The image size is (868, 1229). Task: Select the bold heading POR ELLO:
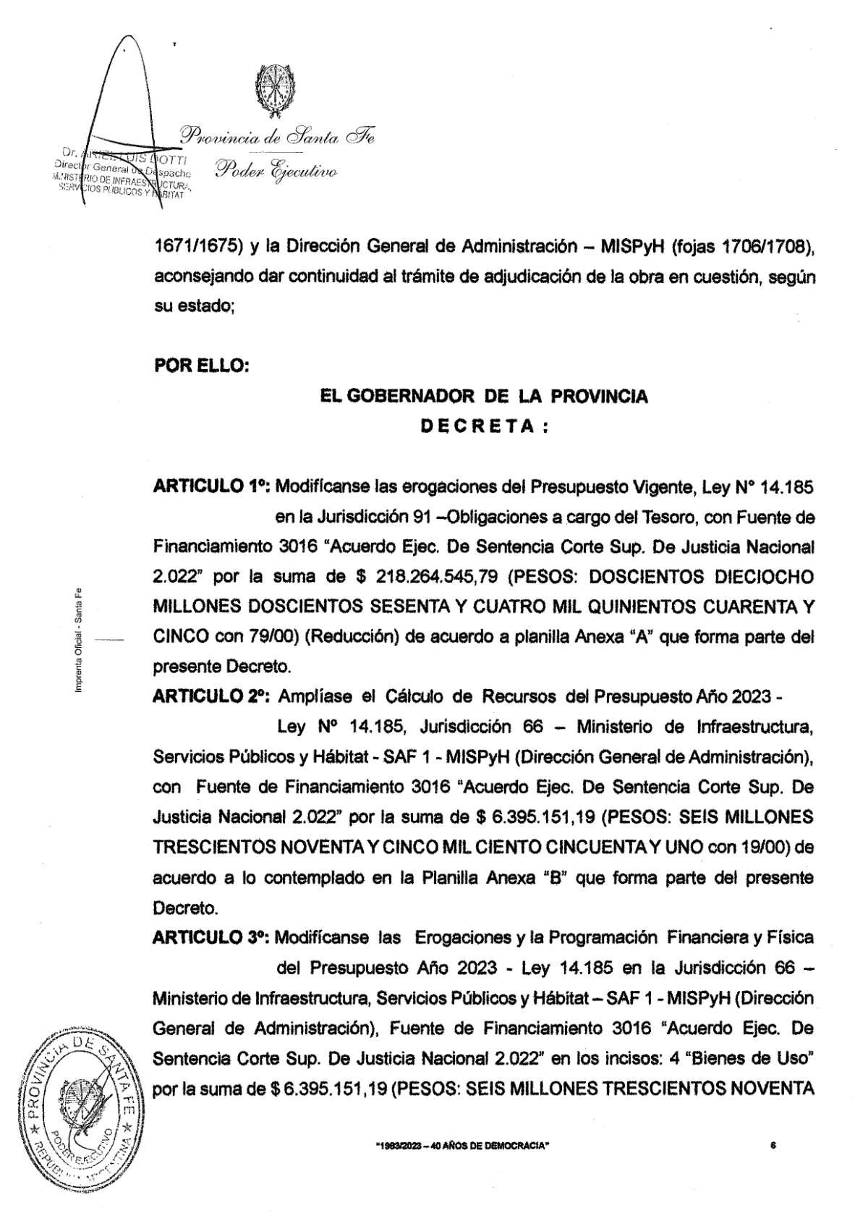tap(202, 366)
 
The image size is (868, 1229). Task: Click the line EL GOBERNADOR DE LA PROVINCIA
tap(485, 396)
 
